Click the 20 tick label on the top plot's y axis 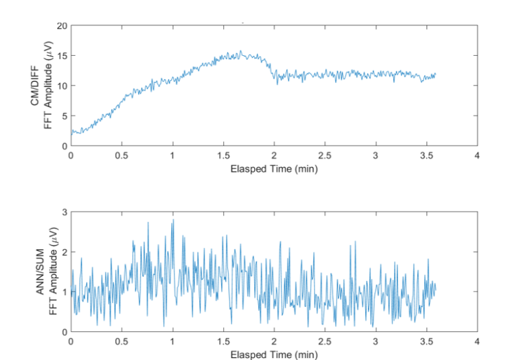[62, 26]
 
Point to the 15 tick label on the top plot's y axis [62, 56]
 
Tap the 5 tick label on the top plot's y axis [64, 116]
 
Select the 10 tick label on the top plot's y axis [62, 86]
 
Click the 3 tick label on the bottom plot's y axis [64, 212]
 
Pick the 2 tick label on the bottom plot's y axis [64, 252]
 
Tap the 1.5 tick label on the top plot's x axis [223, 155]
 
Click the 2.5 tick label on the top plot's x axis [325, 155]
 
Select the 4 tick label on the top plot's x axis [477, 155]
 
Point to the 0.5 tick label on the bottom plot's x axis [122, 341]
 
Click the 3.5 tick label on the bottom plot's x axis [426, 341]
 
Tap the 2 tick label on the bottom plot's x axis [274, 341]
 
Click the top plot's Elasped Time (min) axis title [274, 169]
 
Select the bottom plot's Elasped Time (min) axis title [274, 355]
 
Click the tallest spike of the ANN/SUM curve [173, 220]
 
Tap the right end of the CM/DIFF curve [436, 74]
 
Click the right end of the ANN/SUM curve [436, 288]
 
